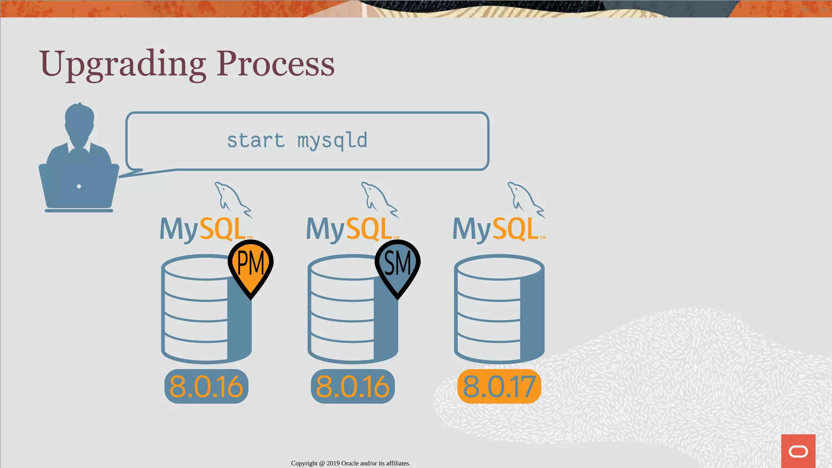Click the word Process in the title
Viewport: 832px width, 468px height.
click(x=275, y=64)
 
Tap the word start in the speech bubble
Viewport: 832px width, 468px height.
click(x=256, y=141)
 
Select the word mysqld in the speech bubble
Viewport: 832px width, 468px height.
click(x=332, y=141)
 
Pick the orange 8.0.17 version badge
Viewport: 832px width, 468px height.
click(x=499, y=386)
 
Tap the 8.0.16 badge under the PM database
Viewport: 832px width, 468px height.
click(x=206, y=386)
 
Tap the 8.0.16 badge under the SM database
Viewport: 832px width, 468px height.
click(x=353, y=386)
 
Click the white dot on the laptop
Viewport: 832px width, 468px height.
click(x=79, y=186)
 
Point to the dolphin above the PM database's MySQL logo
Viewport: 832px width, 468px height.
click(x=232, y=198)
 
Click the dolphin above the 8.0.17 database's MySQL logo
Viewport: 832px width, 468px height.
click(x=525, y=198)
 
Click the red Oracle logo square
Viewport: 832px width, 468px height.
click(x=798, y=451)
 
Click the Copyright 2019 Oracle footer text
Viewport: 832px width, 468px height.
click(x=351, y=463)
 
